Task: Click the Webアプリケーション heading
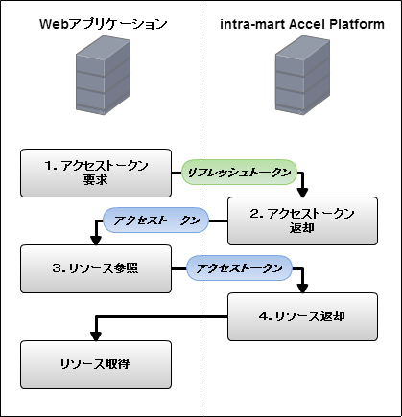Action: click(104, 24)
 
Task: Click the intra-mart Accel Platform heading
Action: click(302, 24)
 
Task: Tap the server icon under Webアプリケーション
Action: click(103, 75)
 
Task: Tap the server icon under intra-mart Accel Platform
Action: click(302, 75)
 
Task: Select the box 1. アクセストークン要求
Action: click(96, 173)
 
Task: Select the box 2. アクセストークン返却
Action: click(302, 220)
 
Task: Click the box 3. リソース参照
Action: click(96, 268)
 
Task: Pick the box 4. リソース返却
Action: click(302, 316)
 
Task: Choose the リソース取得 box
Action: click(96, 364)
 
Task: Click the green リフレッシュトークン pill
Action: click(239, 173)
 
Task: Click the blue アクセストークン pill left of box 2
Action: click(156, 220)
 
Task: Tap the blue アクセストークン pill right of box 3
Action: click(239, 268)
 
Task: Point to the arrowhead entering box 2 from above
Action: click(302, 193)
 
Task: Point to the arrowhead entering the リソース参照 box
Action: click(96, 241)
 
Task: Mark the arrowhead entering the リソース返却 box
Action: click(302, 289)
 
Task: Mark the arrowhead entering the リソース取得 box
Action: click(96, 336)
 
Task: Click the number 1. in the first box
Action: click(51, 166)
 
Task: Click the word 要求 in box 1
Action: click(96, 180)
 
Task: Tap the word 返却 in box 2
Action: click(302, 228)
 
